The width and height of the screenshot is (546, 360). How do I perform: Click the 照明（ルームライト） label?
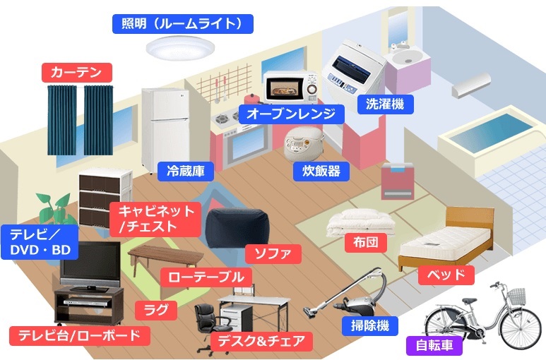[x=182, y=24]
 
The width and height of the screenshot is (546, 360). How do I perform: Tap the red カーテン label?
[x=77, y=71]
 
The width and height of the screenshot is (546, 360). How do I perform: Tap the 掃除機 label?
[x=369, y=325]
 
